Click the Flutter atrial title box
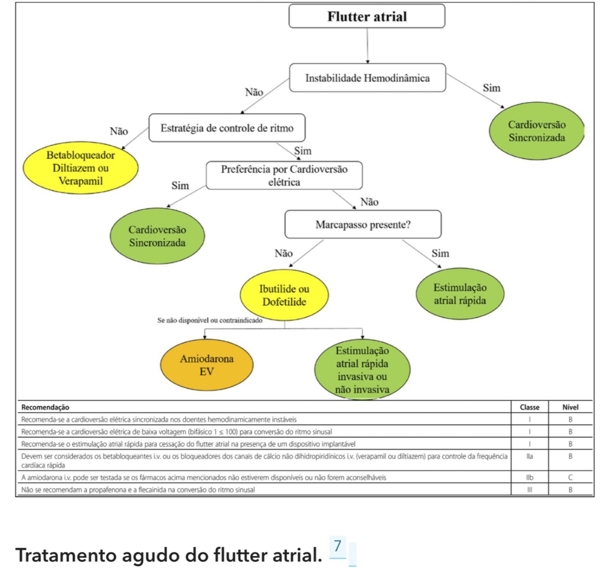click(367, 16)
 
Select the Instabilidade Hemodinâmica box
click(367, 78)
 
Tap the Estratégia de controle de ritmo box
click(227, 128)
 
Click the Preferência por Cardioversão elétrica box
click(284, 175)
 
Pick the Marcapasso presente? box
click(363, 224)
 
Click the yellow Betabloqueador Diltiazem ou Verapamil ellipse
click(80, 168)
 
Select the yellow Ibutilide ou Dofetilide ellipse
click(284, 295)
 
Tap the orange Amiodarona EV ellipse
click(207, 365)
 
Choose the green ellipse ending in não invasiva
click(362, 370)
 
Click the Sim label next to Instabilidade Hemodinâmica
click(492, 88)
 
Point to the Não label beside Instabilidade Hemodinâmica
click(254, 92)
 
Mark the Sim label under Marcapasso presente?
click(440, 253)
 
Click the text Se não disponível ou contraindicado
click(210, 321)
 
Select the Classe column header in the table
click(529, 407)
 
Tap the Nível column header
click(570, 407)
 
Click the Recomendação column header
click(45, 407)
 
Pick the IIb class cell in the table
click(529, 478)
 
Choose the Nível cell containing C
click(570, 478)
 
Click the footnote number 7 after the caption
click(337, 546)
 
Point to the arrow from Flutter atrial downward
click(367, 45)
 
